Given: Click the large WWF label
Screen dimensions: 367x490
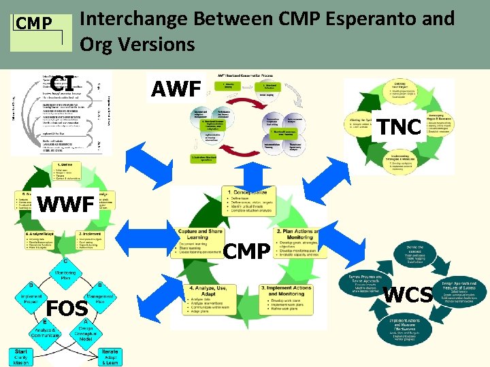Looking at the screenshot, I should pos(65,203).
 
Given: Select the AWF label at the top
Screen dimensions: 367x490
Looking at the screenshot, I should pos(176,88).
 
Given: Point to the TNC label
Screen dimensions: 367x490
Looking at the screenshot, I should pos(399,126).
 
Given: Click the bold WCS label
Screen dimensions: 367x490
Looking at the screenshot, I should pos(408,294).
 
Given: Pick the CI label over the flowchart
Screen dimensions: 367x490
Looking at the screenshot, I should pos(62,83).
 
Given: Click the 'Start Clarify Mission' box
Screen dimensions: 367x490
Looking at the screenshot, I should pos(22,356).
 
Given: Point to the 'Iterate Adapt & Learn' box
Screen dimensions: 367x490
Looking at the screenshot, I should pos(109,356).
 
